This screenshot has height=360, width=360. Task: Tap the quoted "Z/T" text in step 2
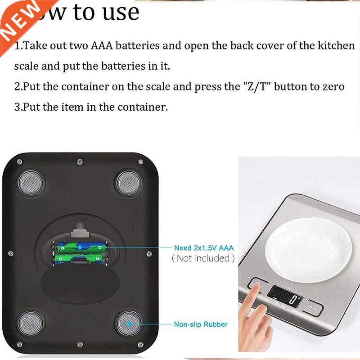253,86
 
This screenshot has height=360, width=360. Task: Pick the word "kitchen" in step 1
335,46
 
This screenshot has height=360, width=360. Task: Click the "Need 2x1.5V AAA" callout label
204,247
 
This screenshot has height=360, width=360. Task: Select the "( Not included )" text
203,258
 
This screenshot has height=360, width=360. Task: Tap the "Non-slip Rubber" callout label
201,324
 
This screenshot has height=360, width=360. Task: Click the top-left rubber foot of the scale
31,182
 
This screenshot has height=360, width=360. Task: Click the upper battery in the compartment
80,247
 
